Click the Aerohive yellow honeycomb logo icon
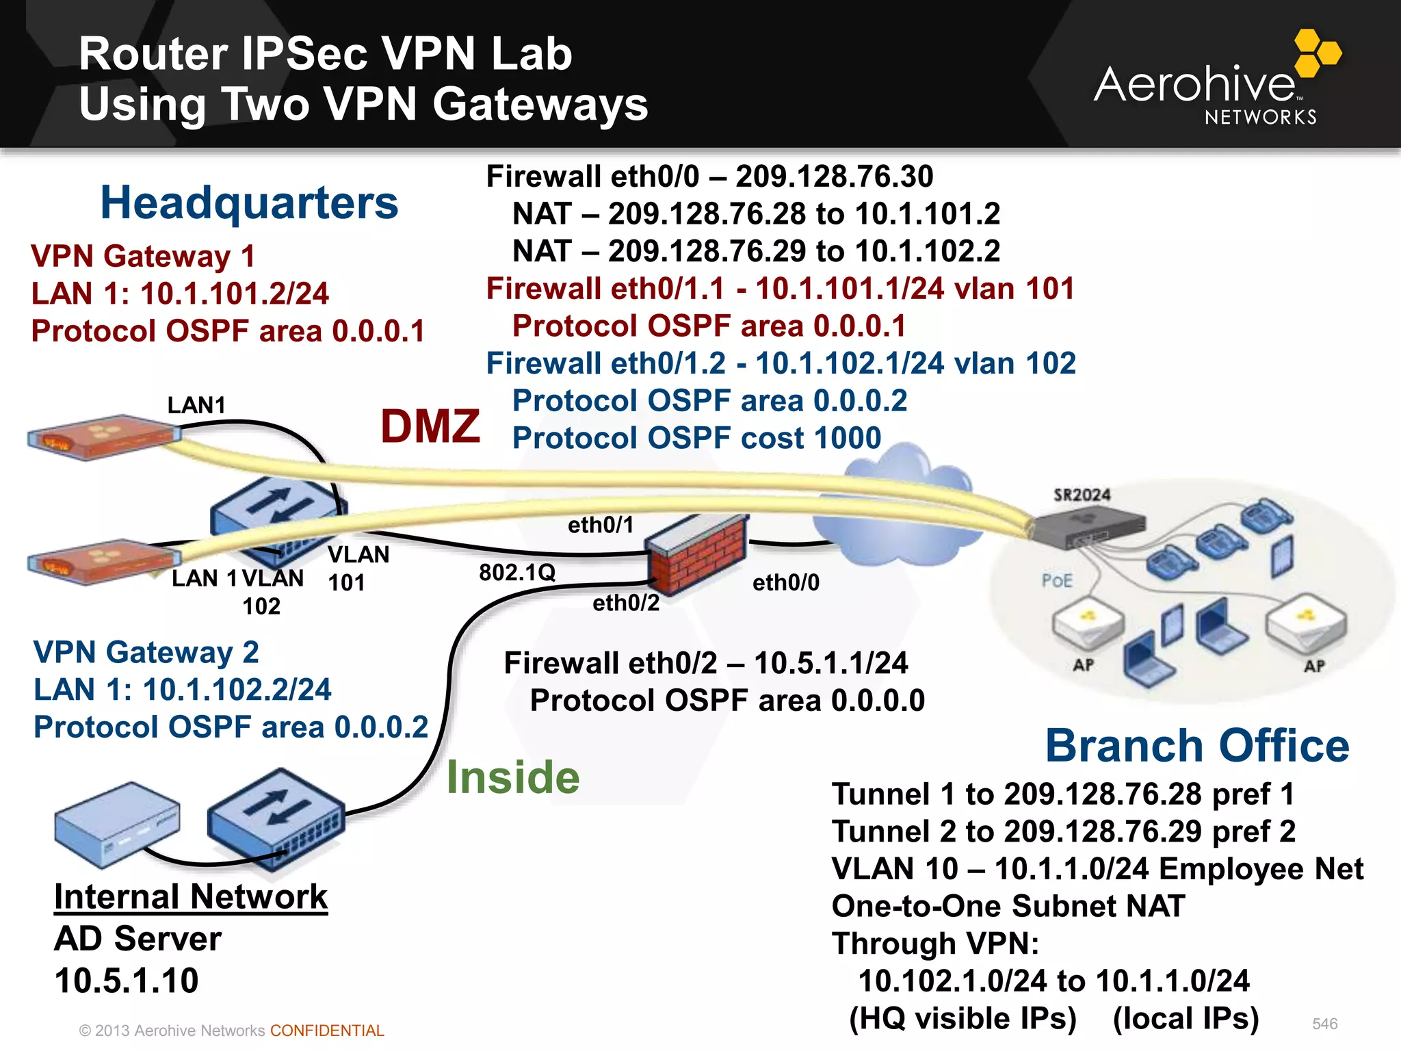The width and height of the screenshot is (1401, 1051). [x=1317, y=53]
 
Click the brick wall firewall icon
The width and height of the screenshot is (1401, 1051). [x=696, y=556]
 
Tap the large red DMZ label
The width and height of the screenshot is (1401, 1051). [x=430, y=426]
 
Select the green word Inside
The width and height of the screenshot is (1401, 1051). [x=513, y=777]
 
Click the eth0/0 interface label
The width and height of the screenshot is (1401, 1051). [x=785, y=582]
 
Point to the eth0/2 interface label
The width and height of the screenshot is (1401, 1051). [x=625, y=603]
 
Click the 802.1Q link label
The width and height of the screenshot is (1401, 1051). [x=517, y=572]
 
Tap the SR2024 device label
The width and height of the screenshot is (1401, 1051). [x=1082, y=495]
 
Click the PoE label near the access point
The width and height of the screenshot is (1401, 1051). [x=1057, y=581]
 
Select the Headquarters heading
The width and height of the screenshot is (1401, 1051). [x=249, y=203]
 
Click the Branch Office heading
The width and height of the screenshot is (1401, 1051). [x=1197, y=745]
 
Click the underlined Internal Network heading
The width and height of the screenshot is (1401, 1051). [x=191, y=896]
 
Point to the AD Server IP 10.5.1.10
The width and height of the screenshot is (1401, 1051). [x=127, y=981]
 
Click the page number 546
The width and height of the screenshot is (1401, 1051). [x=1324, y=1024]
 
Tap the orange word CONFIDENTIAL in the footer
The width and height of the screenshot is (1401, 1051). [x=327, y=1030]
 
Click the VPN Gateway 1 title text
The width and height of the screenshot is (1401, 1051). [x=143, y=257]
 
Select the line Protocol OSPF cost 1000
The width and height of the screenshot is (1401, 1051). [x=696, y=438]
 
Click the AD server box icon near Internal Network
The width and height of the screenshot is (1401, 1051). [x=116, y=824]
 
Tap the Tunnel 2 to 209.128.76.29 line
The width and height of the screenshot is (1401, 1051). [x=1063, y=831]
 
